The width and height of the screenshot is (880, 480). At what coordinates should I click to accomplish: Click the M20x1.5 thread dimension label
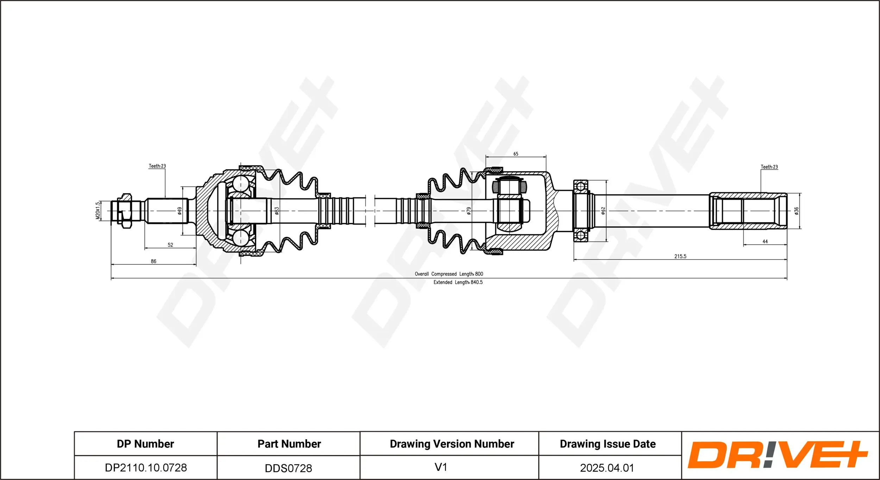(98, 211)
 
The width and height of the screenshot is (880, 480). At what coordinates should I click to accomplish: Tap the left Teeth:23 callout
(157, 166)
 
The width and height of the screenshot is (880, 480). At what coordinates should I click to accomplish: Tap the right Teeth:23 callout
(769, 167)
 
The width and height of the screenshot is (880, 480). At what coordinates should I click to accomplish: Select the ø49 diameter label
(180, 211)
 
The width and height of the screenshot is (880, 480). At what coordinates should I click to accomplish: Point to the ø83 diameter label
(277, 211)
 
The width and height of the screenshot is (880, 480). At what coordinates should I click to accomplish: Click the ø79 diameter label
(469, 211)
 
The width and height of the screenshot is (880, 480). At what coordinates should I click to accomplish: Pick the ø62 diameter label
(603, 211)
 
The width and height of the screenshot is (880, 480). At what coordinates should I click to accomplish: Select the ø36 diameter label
(797, 211)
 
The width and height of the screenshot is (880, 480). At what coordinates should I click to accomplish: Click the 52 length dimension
(170, 245)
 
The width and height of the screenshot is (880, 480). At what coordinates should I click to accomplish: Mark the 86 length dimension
(153, 261)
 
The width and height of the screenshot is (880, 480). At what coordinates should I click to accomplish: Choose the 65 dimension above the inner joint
(516, 154)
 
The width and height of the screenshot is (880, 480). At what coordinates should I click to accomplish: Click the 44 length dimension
(765, 242)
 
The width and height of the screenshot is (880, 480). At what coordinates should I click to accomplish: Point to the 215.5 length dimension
(680, 256)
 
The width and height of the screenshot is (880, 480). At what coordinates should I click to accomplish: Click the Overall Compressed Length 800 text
(449, 274)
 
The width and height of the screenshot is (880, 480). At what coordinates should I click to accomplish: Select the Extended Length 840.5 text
(458, 282)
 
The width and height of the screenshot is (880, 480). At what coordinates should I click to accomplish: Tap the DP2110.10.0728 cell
(146, 468)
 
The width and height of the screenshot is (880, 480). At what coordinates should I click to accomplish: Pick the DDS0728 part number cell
(288, 468)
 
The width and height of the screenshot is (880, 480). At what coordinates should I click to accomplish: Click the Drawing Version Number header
(452, 444)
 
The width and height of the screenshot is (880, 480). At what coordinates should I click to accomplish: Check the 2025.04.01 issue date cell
(607, 468)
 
